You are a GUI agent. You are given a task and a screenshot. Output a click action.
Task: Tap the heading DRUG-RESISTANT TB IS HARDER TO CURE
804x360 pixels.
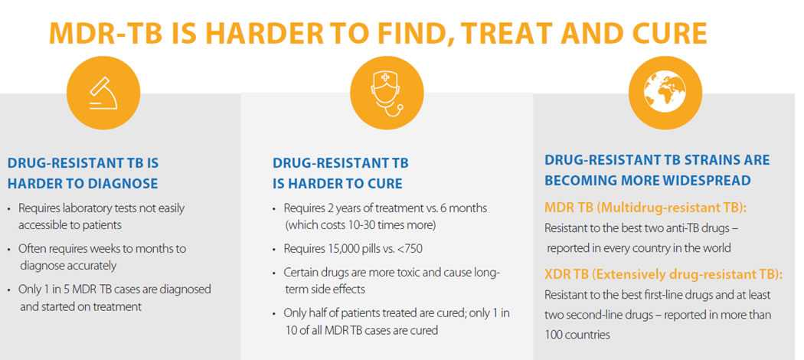point(341,173)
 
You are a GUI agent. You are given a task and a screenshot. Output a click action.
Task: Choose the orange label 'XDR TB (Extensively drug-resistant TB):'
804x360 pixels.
point(668,275)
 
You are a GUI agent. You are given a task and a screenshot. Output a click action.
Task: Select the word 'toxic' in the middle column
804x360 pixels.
point(423,273)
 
